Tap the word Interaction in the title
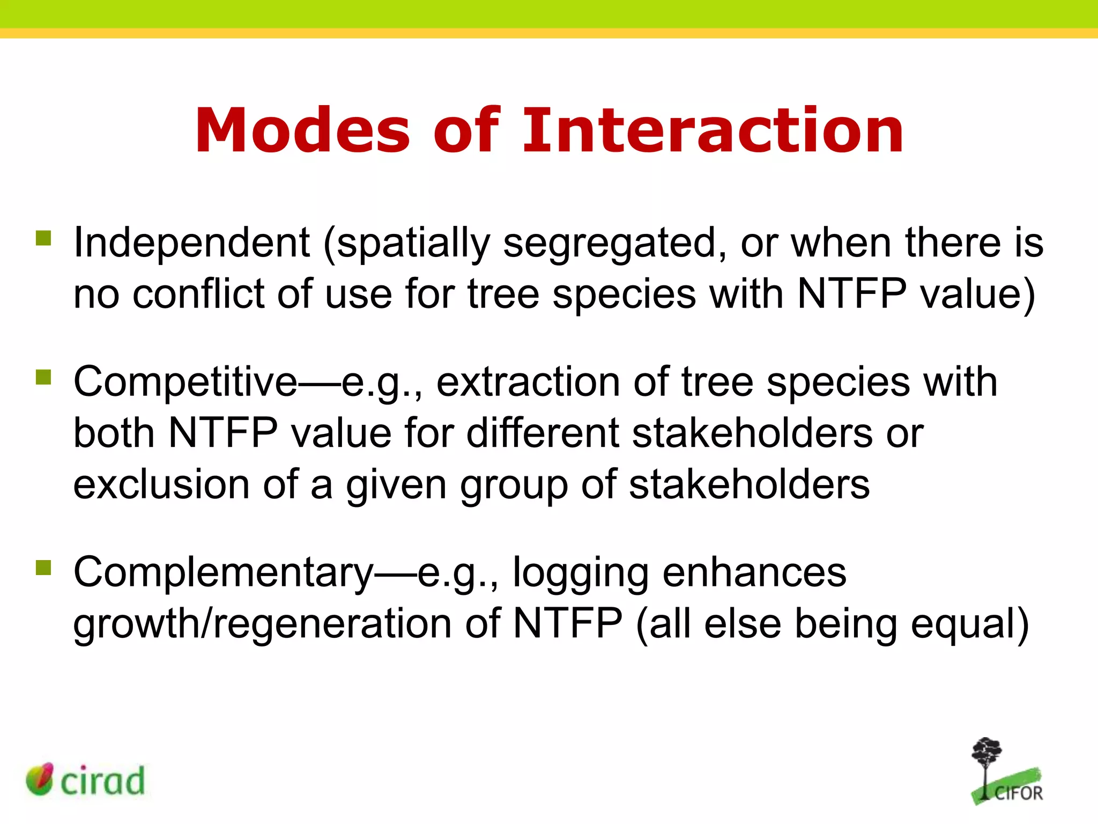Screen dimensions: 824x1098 [x=713, y=130]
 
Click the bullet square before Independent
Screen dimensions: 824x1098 [x=43, y=238]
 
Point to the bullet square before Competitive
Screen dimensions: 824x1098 [x=43, y=377]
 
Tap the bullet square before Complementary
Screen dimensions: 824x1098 [x=43, y=568]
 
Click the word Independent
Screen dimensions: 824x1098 [x=191, y=242]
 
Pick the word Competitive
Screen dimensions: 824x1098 [x=185, y=382]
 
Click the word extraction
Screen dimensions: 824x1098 [x=528, y=382]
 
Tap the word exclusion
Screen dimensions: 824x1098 [x=161, y=484]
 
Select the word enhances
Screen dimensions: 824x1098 [x=754, y=572]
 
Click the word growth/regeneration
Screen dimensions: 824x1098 [x=262, y=624]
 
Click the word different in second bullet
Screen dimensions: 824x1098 [x=543, y=432]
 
